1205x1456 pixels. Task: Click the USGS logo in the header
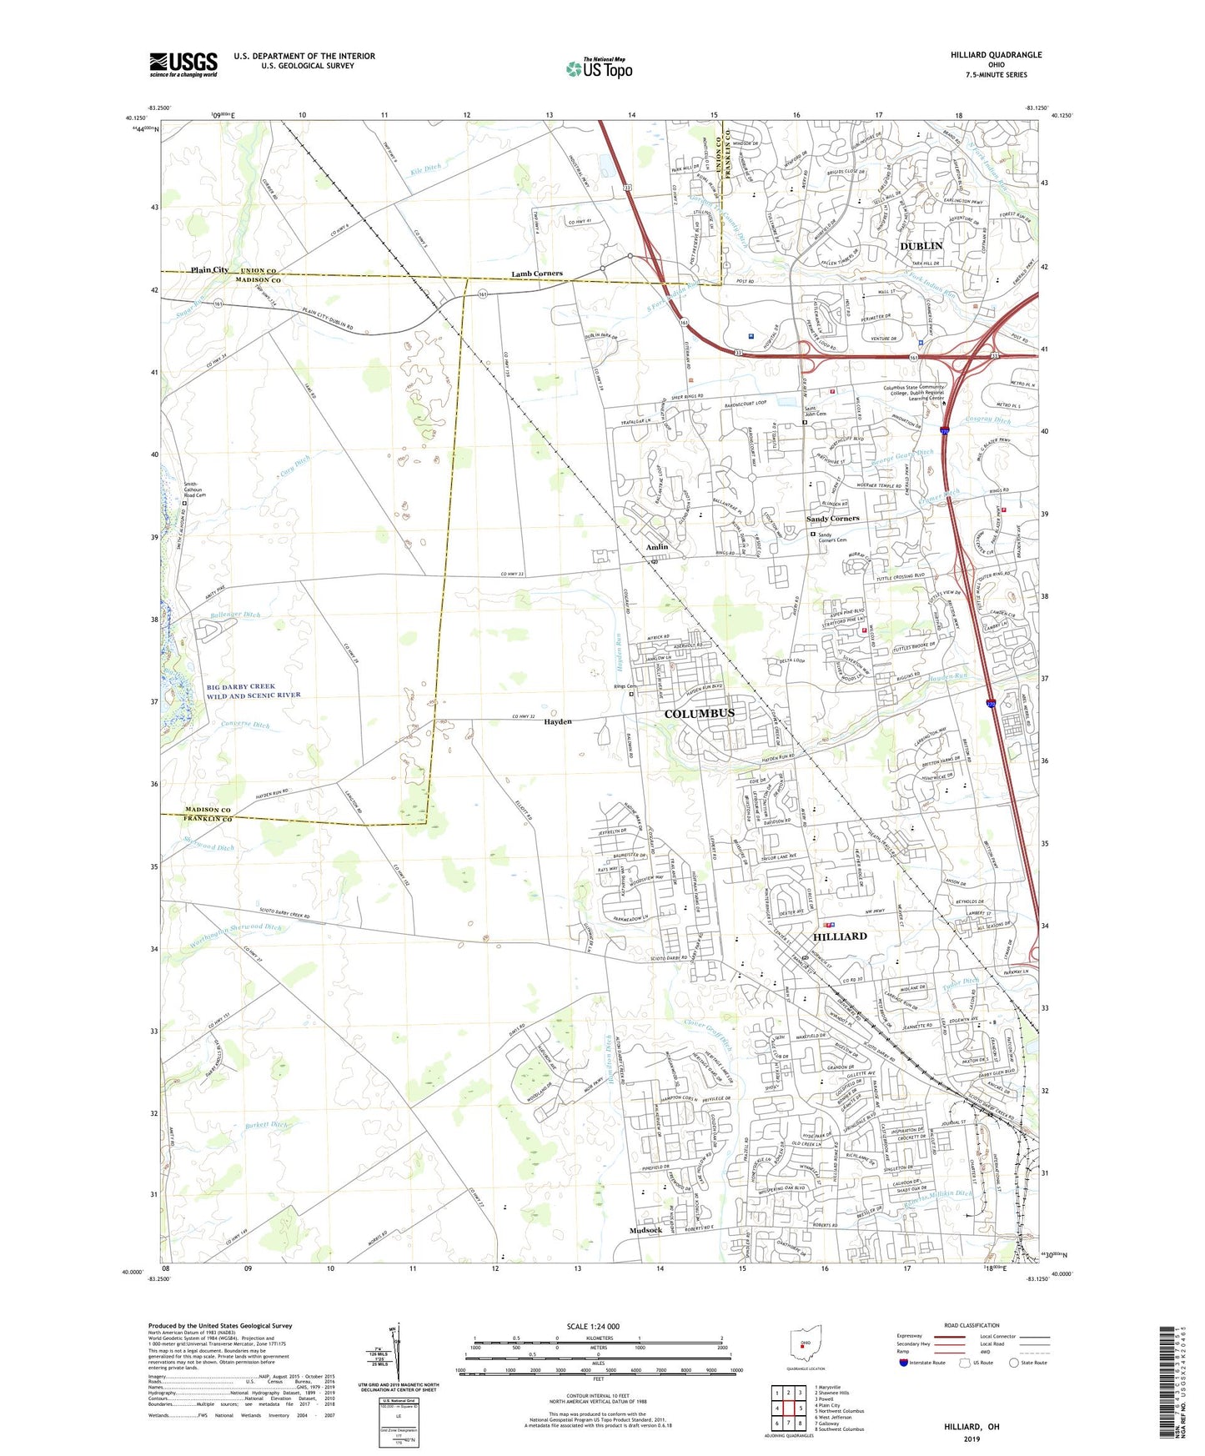tap(183, 64)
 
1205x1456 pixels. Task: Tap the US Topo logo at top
tap(599, 68)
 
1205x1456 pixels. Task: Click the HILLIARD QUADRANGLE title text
tap(996, 55)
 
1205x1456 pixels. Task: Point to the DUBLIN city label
tap(921, 246)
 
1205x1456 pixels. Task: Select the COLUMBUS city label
tap(699, 714)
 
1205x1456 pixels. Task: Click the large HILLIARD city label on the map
tap(840, 936)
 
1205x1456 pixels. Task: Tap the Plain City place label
tap(209, 270)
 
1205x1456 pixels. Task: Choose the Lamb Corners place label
tap(537, 274)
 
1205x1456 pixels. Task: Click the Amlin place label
tap(657, 547)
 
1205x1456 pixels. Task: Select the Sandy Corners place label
tap(832, 519)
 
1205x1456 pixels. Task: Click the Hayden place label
tap(558, 721)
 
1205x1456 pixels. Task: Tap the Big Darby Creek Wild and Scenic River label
tap(254, 691)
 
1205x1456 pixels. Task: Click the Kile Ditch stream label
tap(426, 170)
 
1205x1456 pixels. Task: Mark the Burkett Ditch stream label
tap(266, 1125)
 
